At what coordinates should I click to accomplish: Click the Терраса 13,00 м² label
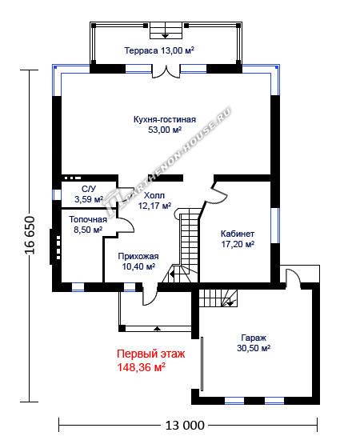pos(159,50)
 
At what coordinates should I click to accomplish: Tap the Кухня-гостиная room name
pos(165,119)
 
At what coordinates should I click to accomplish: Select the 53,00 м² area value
pos(165,130)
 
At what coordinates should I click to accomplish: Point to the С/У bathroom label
pos(89,189)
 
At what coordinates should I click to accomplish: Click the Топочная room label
pos(88,219)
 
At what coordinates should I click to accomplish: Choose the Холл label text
pos(154,195)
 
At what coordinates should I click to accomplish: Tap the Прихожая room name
pos(138,256)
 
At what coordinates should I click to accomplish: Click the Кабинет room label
pos(238,234)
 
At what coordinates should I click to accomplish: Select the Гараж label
pos(254,338)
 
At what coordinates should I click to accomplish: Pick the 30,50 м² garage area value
pos(254,348)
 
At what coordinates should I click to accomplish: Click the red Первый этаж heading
pos(151,354)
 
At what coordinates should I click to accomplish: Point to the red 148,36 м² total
pos(141,367)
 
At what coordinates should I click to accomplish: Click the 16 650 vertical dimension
pos(30,236)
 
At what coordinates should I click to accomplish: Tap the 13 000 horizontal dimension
pos(185,426)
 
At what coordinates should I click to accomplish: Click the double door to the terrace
pos(166,72)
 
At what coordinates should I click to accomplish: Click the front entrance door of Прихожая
pos(150,295)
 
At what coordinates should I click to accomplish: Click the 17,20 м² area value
pos(238,244)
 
